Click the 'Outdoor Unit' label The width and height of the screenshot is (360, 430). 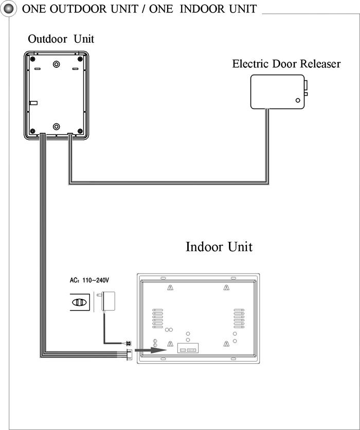pyautogui.click(x=61, y=39)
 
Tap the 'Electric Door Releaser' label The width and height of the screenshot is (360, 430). pyautogui.click(x=286, y=64)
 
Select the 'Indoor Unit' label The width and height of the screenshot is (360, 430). pyautogui.click(x=219, y=246)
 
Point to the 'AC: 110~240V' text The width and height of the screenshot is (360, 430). pyautogui.click(x=89, y=280)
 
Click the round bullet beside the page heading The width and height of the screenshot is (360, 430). pyautogui.click(x=9, y=9)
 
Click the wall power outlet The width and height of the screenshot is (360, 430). pyautogui.click(x=80, y=302)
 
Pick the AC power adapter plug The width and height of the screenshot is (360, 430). pyautogui.click(x=107, y=301)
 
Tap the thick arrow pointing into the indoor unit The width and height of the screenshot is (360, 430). pyautogui.click(x=151, y=350)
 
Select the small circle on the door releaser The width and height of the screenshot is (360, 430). pyautogui.click(x=298, y=100)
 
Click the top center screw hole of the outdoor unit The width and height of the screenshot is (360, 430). pyautogui.click(x=56, y=64)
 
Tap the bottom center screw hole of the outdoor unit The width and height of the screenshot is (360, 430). pyautogui.click(x=56, y=127)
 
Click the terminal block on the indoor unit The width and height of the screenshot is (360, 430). pyautogui.click(x=188, y=348)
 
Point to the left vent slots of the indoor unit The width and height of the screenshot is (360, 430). pyautogui.click(x=158, y=318)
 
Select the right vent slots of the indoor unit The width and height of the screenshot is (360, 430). pyautogui.click(x=239, y=318)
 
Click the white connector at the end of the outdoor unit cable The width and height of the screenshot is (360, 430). pyautogui.click(x=129, y=354)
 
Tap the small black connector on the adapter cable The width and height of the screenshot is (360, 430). pyautogui.click(x=129, y=344)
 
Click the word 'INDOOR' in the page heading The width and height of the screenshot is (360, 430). pyautogui.click(x=201, y=9)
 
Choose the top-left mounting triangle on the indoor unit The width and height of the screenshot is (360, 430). pyautogui.click(x=170, y=288)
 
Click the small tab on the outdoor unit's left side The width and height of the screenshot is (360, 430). pyautogui.click(x=33, y=103)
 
